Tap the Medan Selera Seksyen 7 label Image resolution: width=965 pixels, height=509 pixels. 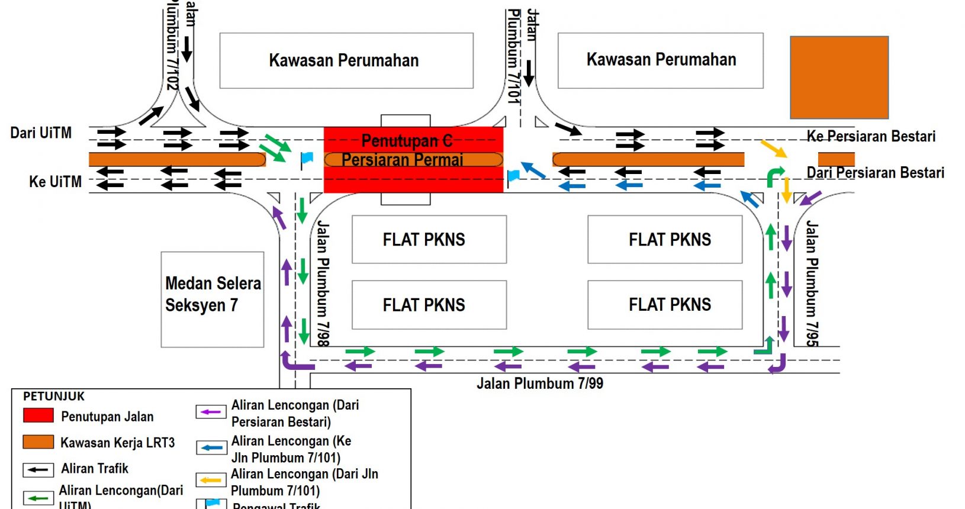213,294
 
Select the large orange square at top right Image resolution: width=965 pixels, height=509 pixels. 839,78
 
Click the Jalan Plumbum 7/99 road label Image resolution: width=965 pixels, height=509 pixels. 540,384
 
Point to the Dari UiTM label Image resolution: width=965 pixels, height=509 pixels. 41,133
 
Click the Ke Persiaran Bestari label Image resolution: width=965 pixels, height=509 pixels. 871,137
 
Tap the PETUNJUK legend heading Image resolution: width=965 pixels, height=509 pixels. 54,397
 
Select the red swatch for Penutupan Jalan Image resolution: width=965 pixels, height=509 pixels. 38,415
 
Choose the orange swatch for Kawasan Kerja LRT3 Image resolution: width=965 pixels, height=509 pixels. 38,442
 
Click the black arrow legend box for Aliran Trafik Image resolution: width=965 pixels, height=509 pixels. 38,470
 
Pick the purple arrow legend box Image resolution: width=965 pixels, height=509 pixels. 211,412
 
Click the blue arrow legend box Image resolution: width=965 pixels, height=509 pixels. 211,448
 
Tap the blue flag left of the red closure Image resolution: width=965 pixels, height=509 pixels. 306,159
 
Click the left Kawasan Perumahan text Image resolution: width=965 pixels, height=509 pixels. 344,60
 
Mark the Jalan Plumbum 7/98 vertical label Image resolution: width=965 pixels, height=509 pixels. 323,284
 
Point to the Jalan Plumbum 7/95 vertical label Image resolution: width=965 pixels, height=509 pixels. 812,284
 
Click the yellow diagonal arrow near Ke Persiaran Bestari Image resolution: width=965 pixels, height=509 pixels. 773,149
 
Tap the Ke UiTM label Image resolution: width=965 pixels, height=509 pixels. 55,182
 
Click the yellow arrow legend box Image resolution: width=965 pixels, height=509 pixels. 211,480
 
